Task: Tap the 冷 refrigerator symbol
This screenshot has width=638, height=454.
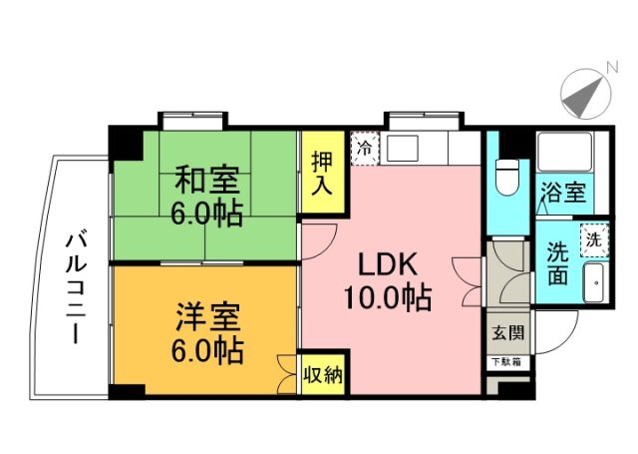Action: click(x=365, y=146)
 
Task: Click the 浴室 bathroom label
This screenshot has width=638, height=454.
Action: click(x=563, y=191)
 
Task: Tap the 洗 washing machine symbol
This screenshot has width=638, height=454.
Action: click(x=593, y=238)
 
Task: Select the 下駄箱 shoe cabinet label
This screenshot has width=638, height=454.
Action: click(x=504, y=360)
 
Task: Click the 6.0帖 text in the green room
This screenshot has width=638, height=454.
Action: click(x=207, y=213)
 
